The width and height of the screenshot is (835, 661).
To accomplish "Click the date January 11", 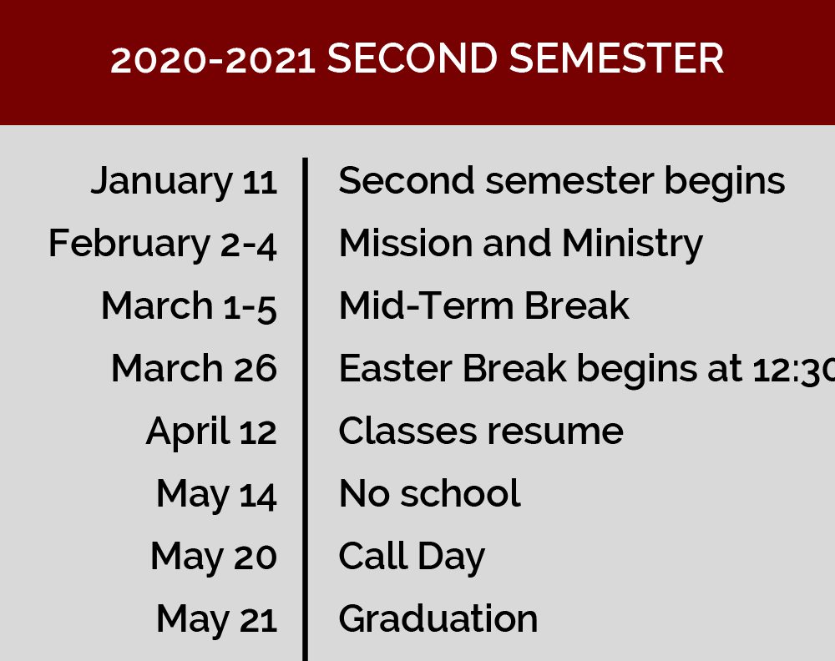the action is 184,181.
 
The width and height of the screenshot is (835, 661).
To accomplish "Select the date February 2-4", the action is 163,244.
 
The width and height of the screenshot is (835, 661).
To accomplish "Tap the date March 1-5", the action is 189,306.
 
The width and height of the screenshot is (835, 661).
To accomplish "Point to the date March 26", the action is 194,368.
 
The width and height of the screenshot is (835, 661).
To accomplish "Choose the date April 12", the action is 211,431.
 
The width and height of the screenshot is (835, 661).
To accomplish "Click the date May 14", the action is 216,494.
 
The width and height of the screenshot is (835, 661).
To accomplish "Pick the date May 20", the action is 214,557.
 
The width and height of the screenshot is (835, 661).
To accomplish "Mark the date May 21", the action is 217,619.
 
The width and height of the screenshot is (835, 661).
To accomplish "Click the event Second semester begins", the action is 562,181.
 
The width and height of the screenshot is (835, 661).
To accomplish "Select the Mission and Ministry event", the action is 521,244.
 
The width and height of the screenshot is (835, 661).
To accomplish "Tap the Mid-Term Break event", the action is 484,305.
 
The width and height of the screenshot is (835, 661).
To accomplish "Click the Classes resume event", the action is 481,431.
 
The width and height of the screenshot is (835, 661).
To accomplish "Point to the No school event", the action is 430,492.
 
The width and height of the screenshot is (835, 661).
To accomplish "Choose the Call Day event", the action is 412,557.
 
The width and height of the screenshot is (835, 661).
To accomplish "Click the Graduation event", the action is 438,618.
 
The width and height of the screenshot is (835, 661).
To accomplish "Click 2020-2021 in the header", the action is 212,59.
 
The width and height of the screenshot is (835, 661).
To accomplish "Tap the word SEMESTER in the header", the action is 616,58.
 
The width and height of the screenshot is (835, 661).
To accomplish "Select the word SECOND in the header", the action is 412,58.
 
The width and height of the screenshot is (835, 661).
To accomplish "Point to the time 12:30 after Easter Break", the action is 793,369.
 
